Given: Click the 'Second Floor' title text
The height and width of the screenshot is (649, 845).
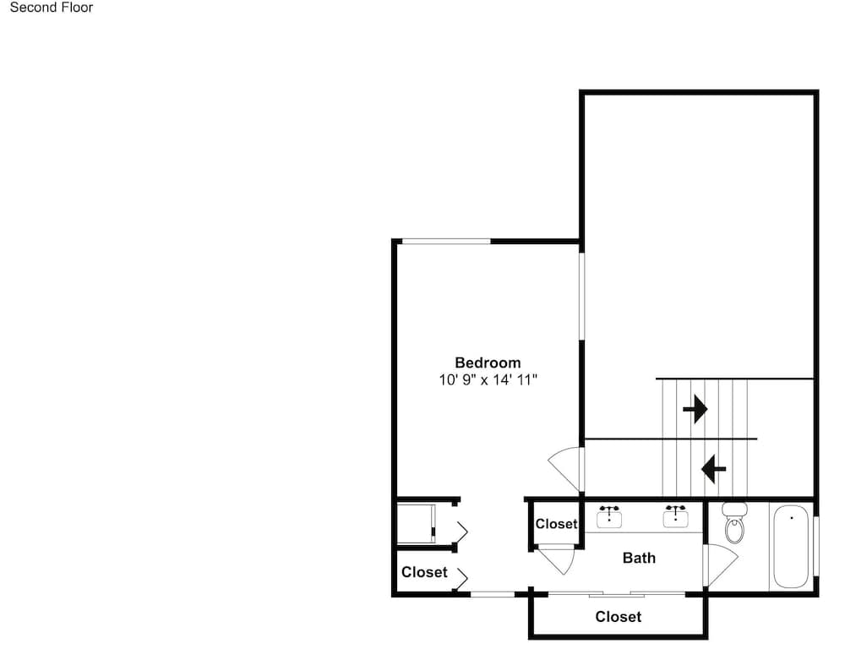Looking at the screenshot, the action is [x=52, y=8].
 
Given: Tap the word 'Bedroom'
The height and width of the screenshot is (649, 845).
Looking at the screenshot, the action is [x=488, y=363].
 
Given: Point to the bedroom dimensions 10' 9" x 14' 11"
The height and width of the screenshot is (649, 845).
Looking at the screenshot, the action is [x=488, y=380].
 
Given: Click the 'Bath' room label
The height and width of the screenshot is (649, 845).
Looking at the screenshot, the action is [x=639, y=558].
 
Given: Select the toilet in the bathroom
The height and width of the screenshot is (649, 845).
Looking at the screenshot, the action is [x=734, y=521].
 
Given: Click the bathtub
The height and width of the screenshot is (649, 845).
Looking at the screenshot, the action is [x=791, y=546].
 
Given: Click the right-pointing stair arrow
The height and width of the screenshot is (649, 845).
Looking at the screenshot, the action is [x=695, y=409].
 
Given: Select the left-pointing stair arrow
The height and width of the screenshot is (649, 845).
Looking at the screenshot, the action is [x=713, y=469].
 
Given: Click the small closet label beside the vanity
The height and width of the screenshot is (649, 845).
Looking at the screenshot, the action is [x=556, y=524].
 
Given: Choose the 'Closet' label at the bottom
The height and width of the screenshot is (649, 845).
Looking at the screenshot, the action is [x=619, y=617].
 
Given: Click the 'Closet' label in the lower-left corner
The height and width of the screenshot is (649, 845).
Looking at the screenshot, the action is [x=424, y=572].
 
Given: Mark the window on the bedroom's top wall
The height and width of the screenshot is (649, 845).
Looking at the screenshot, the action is [x=446, y=241].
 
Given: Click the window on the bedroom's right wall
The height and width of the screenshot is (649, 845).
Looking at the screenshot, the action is [x=581, y=296].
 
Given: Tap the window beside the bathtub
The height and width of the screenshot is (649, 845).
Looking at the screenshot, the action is [x=816, y=546].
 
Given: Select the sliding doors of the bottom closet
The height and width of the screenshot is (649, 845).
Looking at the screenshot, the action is [x=617, y=594].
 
